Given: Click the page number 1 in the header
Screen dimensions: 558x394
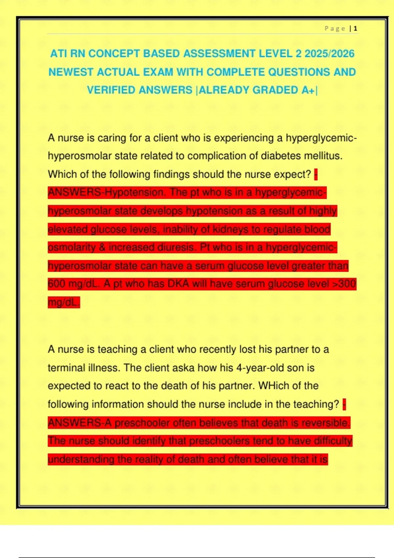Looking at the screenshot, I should click(x=356, y=29).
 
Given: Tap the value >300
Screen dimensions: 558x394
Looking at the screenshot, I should click(x=344, y=284).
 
